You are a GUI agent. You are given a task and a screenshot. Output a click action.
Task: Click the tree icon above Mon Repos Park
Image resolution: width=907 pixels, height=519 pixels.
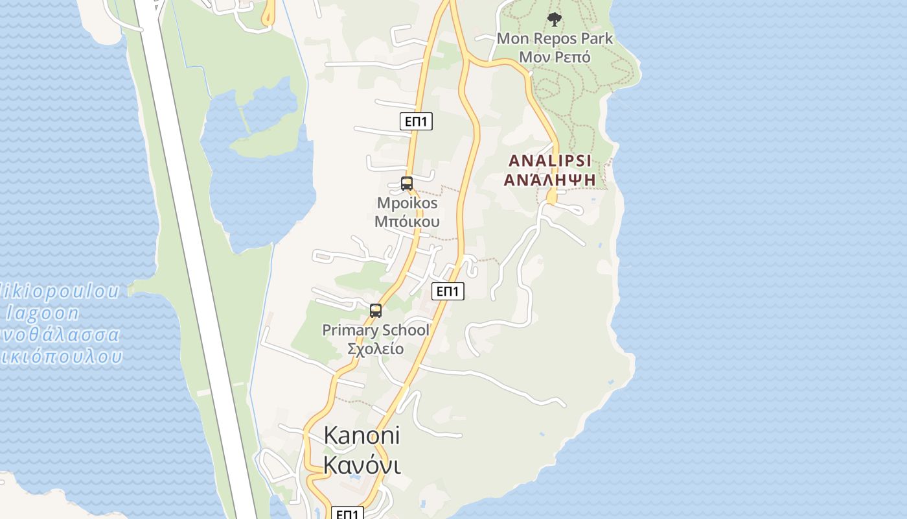[x=554, y=19]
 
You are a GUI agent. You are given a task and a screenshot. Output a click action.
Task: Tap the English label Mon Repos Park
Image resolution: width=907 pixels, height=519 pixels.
[x=555, y=38]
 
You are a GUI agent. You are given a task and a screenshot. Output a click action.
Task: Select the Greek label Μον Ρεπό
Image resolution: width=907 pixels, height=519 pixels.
[x=555, y=57]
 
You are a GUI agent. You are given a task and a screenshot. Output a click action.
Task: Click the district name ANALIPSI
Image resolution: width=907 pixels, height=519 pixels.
[x=550, y=160]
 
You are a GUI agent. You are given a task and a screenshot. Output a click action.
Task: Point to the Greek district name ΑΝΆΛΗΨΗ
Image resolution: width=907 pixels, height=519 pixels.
[x=550, y=179]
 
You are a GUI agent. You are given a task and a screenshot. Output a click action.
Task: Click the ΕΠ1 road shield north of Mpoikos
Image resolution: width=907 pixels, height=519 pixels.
[x=416, y=121]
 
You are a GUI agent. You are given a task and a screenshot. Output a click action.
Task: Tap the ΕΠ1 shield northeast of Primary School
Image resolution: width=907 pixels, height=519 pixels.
[x=448, y=291]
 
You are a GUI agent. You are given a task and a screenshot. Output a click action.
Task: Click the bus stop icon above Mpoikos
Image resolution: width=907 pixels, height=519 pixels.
[x=407, y=184]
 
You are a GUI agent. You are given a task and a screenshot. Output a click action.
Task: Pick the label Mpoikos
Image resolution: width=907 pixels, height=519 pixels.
[x=407, y=203]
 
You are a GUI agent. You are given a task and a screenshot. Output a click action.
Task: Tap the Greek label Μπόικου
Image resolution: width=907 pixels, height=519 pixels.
[x=407, y=221]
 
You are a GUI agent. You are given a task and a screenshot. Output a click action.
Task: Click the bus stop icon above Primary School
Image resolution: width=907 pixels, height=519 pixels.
[x=376, y=311]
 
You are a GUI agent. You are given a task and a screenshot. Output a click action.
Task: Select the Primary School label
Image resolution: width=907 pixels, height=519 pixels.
[x=376, y=330]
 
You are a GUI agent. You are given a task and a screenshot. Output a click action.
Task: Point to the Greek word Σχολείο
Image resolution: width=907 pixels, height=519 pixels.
[x=376, y=349]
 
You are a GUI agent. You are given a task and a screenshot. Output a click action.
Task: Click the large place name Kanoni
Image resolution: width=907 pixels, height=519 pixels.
[x=362, y=435]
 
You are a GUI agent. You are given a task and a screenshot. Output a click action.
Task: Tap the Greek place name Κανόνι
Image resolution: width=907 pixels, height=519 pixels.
[x=362, y=465]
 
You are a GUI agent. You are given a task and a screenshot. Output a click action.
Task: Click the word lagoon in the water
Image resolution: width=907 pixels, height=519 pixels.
[x=43, y=313]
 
